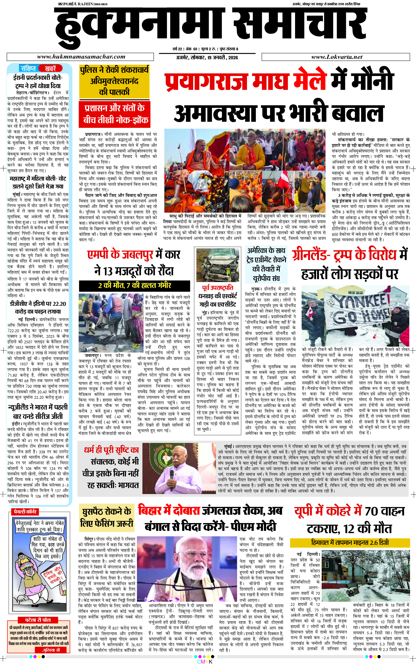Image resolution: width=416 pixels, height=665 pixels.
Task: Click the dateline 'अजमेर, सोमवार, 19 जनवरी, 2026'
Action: click(x=207, y=58)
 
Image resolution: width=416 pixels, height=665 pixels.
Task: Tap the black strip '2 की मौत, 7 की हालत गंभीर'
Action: click(x=135, y=285)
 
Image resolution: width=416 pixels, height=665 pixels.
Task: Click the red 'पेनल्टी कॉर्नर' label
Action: click(x=25, y=512)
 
